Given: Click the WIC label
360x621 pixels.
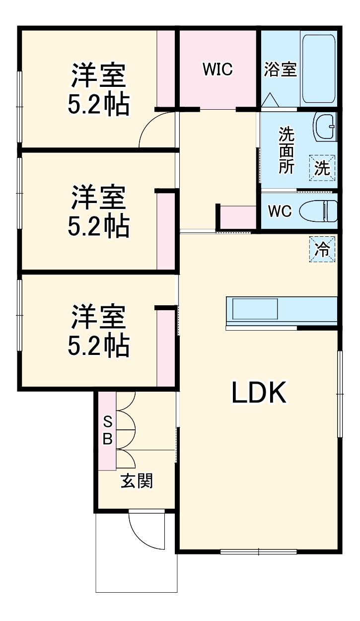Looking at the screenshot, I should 217,70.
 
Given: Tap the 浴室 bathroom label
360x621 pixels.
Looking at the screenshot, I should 280,70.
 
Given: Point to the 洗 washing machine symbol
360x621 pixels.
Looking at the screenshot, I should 322,168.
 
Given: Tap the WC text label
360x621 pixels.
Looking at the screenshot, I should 280,211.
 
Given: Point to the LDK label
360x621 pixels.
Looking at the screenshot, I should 258,393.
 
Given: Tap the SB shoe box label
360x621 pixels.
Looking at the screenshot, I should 107,430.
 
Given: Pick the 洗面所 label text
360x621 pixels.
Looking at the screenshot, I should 286,150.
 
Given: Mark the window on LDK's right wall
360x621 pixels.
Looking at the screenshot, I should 340,393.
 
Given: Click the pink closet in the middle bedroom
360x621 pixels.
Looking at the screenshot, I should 166,231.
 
